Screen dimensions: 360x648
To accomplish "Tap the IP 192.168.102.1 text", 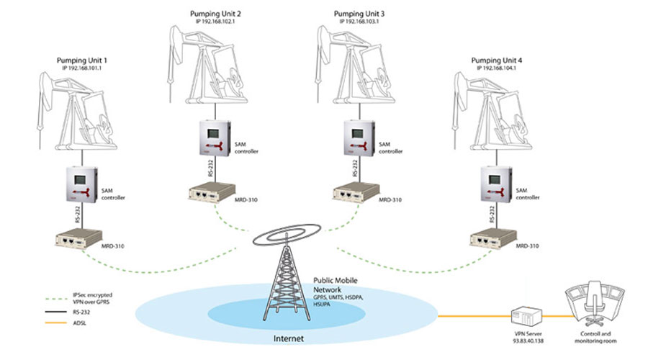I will pos(222,21).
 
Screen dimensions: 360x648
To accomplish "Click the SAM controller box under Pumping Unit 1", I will pos(86,184).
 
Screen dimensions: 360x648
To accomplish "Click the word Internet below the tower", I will pos(289,337).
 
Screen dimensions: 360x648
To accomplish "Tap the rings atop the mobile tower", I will pos(288,235).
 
